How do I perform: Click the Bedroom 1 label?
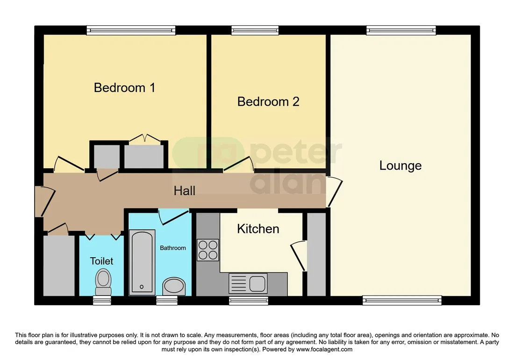click(x=124, y=88)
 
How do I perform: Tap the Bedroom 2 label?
click(x=268, y=101)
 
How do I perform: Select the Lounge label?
click(x=400, y=166)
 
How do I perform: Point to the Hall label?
click(x=184, y=191)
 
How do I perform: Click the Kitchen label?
click(x=258, y=229)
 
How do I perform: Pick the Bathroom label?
click(x=173, y=248)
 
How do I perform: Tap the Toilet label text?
click(x=101, y=261)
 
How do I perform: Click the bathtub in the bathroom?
click(x=142, y=261)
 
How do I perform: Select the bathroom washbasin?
click(x=173, y=286)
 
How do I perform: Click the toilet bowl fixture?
click(x=103, y=281)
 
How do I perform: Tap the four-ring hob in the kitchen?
click(x=208, y=250)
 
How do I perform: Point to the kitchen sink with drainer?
click(x=248, y=283)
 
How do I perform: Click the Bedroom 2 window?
click(x=255, y=30)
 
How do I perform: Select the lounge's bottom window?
click(x=402, y=300)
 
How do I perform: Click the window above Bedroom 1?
click(x=131, y=30)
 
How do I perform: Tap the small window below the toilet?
click(x=102, y=300)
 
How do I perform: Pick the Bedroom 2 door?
click(x=239, y=164)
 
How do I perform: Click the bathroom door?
click(x=174, y=217)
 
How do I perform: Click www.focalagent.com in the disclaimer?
click(x=324, y=350)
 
